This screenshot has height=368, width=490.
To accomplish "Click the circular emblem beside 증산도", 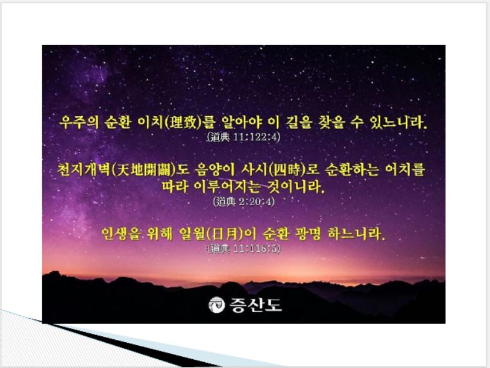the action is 217,305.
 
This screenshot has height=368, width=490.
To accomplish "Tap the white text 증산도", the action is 256,305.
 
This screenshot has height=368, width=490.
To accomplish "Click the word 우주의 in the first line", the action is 79,122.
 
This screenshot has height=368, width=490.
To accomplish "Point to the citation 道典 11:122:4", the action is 243,137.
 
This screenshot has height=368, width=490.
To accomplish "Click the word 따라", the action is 175,187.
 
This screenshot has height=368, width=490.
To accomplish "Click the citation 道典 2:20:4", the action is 244,202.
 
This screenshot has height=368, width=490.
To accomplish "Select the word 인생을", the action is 121,234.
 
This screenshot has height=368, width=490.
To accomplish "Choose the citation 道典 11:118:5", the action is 244,249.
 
